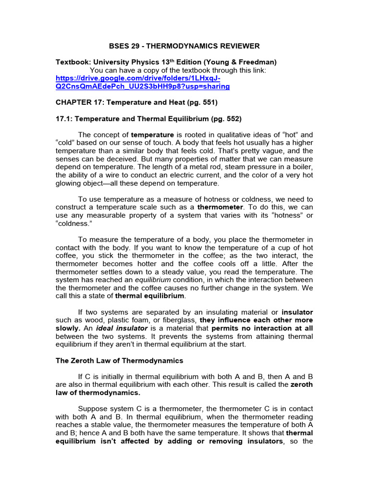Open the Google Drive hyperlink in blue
tap(143, 82)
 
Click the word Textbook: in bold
tap(73, 62)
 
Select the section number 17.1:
tap(65, 118)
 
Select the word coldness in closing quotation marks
tap(73, 223)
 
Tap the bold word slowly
tap(67, 328)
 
